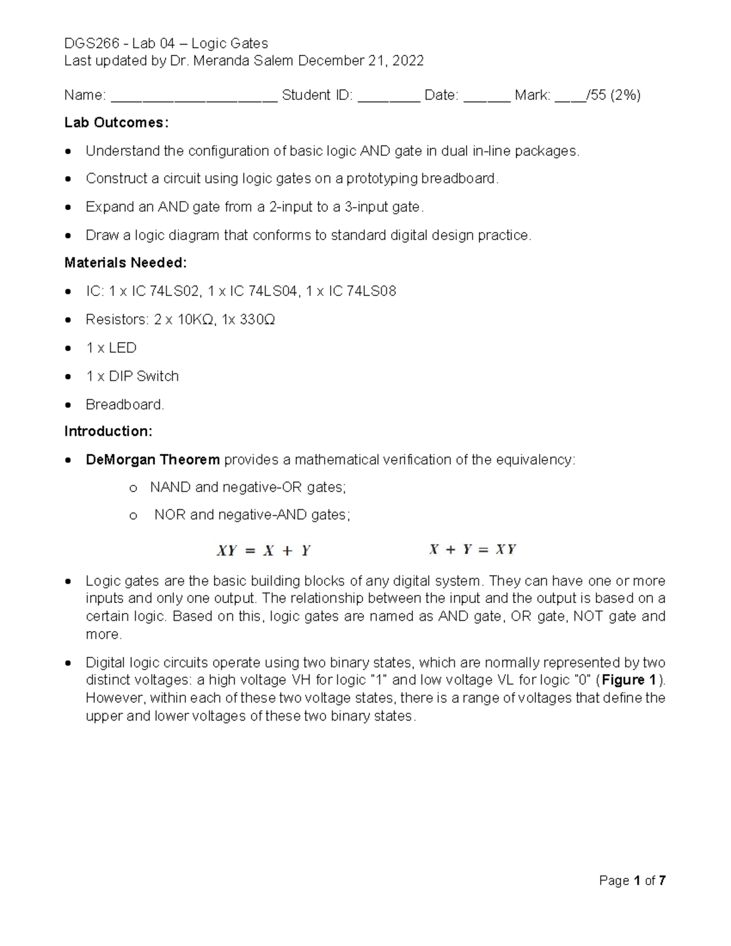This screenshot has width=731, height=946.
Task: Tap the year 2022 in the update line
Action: click(408, 61)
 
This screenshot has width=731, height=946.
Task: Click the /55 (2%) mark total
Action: click(613, 95)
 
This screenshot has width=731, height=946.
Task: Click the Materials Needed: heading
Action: click(125, 263)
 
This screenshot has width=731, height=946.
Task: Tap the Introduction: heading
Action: click(108, 431)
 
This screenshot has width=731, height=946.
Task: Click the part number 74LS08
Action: click(371, 291)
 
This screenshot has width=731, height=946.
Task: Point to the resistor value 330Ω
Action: click(256, 320)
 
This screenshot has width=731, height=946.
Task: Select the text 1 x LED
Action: click(111, 348)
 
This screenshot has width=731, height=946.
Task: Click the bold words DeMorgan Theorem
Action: click(152, 459)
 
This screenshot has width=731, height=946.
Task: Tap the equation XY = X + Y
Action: click(264, 551)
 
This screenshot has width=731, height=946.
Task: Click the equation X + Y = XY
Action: click(472, 549)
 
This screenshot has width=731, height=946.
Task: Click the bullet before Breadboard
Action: click(70, 405)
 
